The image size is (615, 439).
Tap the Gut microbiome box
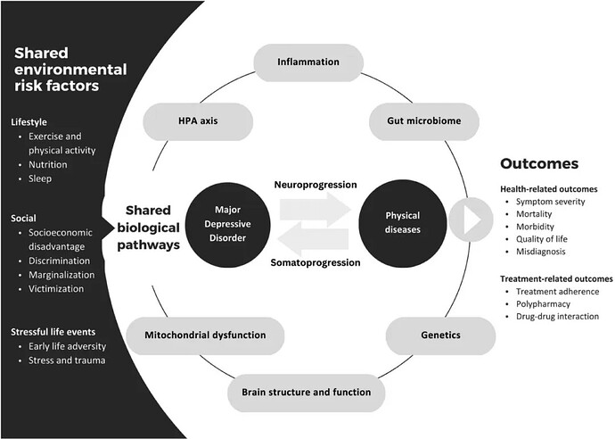pyautogui.click(x=411, y=120)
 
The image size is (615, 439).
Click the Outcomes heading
pyautogui.click(x=538, y=163)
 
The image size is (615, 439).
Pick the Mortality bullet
pyautogui.click(x=535, y=215)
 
